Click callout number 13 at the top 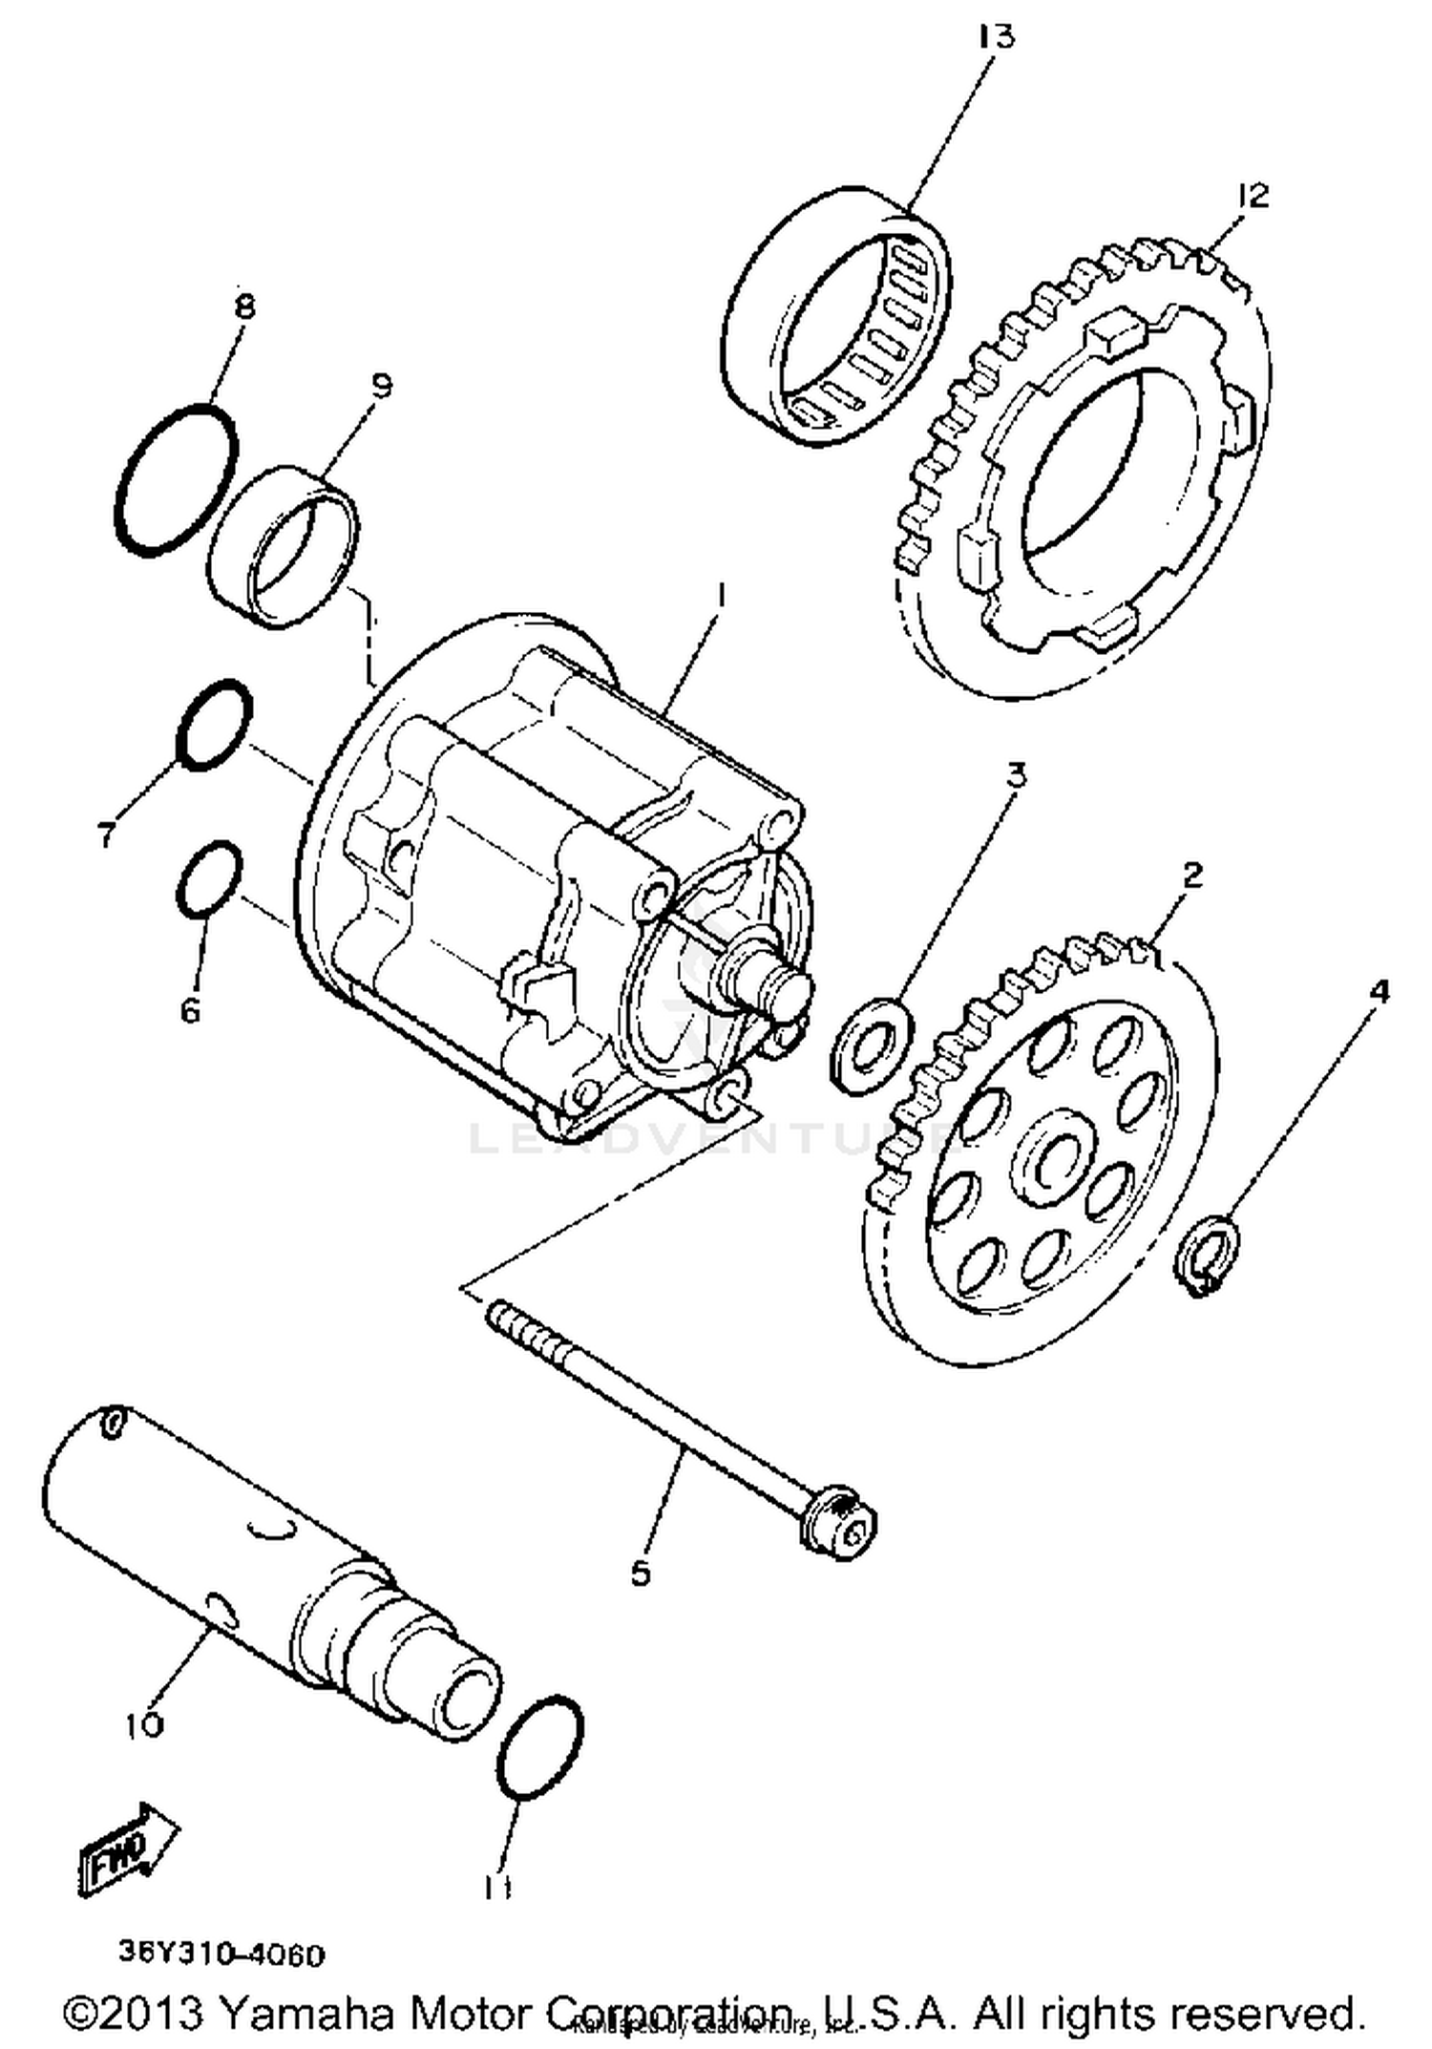click(995, 37)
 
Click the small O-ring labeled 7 click(215, 726)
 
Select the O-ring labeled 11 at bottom click(539, 1748)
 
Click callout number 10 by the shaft click(143, 1724)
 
